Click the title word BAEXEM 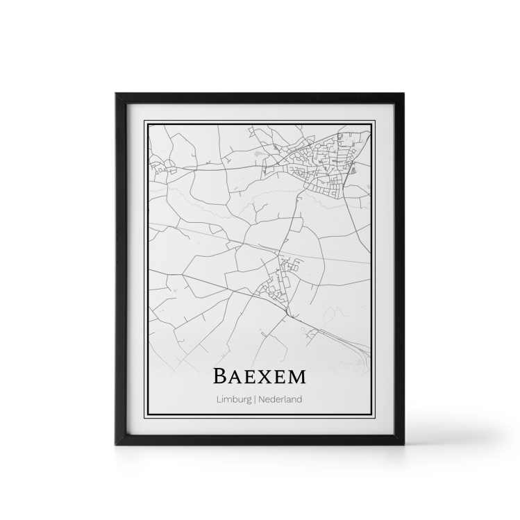(260, 376)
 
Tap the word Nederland (280, 399)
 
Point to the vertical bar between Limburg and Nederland (255, 399)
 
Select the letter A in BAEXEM (233, 377)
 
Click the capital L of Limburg (218, 399)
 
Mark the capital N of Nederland (261, 399)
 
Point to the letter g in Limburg (249, 401)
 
